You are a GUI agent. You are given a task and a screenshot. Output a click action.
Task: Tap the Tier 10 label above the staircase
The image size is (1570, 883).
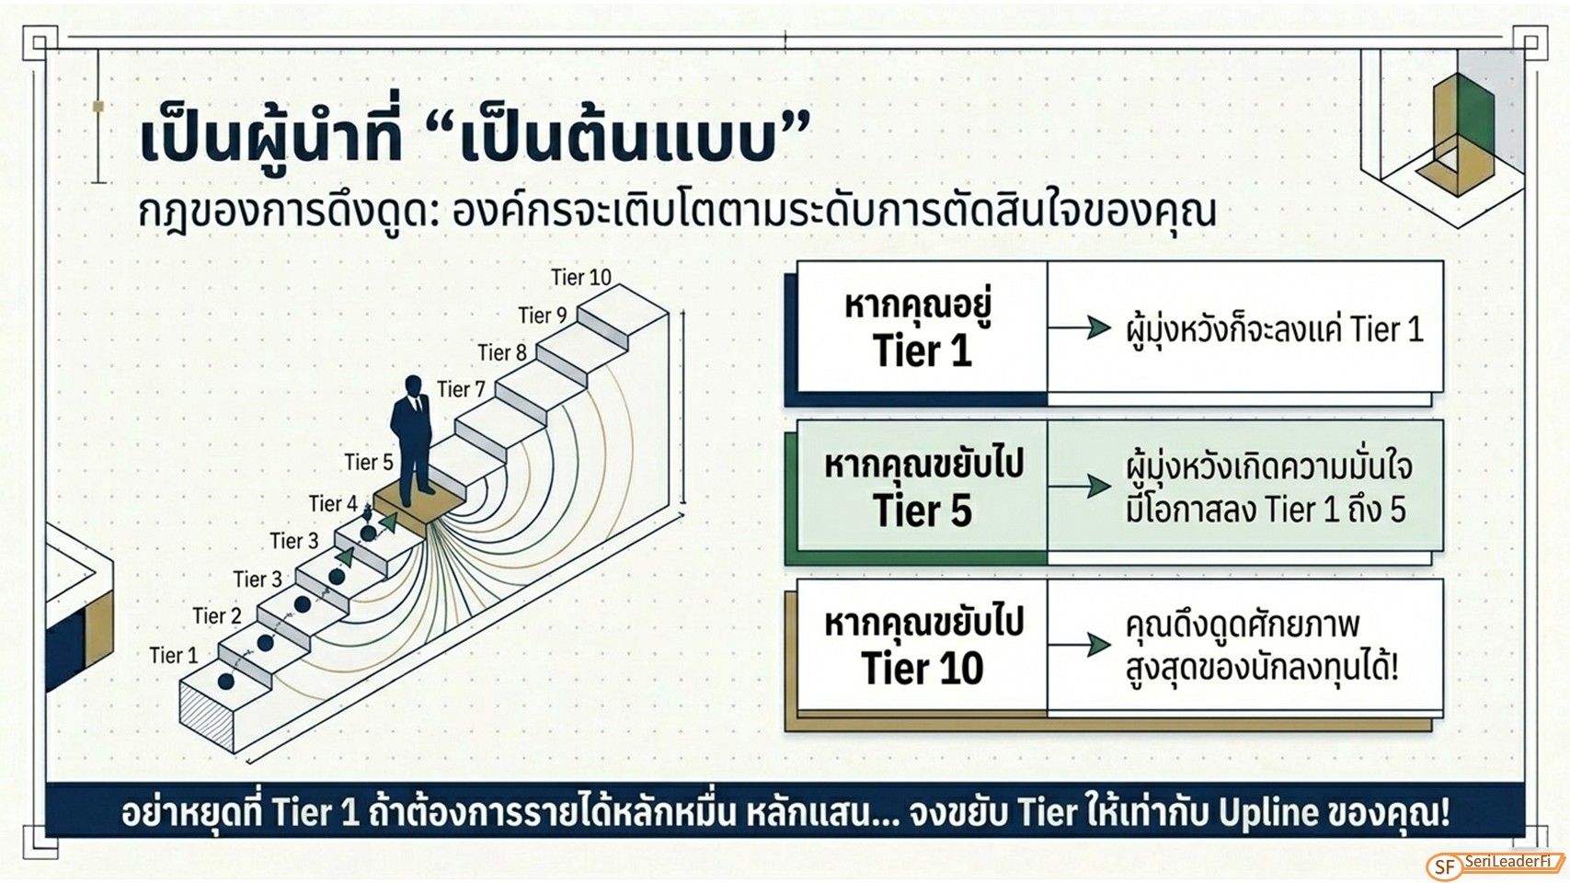581,278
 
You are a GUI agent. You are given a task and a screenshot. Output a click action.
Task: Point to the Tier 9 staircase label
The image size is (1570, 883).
543,315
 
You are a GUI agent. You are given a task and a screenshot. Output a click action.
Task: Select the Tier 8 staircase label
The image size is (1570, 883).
502,352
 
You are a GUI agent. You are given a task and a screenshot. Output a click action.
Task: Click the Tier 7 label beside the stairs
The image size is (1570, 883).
461,389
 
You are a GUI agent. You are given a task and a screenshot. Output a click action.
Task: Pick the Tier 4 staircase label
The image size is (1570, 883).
333,504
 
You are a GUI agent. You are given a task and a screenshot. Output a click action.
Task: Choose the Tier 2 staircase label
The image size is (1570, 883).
216,616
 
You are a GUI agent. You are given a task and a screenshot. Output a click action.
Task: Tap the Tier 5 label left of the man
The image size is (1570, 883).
369,463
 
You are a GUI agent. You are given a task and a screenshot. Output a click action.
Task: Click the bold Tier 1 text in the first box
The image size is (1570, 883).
923,350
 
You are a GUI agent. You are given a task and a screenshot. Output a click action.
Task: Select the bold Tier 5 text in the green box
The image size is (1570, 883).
923,510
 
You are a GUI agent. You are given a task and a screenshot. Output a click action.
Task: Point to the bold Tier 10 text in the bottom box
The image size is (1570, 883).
923,669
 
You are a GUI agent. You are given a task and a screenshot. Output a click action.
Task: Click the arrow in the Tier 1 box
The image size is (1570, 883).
1080,327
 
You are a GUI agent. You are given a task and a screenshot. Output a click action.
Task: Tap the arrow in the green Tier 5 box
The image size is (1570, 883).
1080,486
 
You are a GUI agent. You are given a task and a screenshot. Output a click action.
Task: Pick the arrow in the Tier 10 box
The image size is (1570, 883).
1080,645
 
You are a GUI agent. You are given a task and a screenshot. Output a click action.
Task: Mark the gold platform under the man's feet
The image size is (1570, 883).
419,508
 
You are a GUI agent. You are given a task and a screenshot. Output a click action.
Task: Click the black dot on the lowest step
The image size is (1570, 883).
225,682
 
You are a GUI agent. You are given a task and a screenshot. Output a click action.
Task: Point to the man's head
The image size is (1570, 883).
414,385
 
